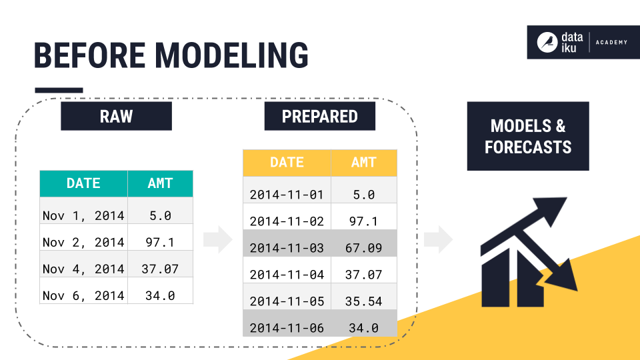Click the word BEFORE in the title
(89, 55)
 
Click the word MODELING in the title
(231, 55)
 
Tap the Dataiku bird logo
(547, 43)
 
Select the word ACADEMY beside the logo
(611, 43)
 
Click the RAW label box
(116, 116)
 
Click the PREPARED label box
(319, 116)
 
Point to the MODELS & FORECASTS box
(528, 136)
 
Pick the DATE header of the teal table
(84, 184)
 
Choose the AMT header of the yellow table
(364, 163)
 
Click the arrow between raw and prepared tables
(218, 239)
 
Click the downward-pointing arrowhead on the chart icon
(563, 277)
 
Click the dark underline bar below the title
(59, 90)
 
